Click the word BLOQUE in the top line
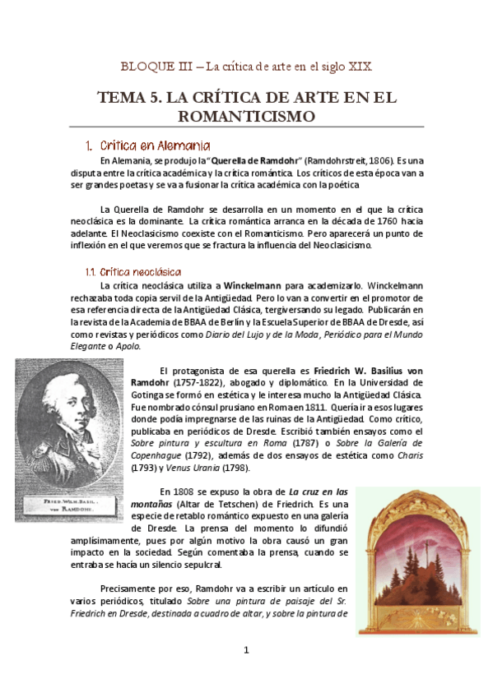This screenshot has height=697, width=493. coord(141,65)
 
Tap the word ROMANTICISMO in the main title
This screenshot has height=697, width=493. coord(246,117)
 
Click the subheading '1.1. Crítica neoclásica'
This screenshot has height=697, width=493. coord(133,271)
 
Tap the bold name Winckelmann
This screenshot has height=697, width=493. coord(254,284)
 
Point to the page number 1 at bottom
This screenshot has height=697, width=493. coord(246,650)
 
